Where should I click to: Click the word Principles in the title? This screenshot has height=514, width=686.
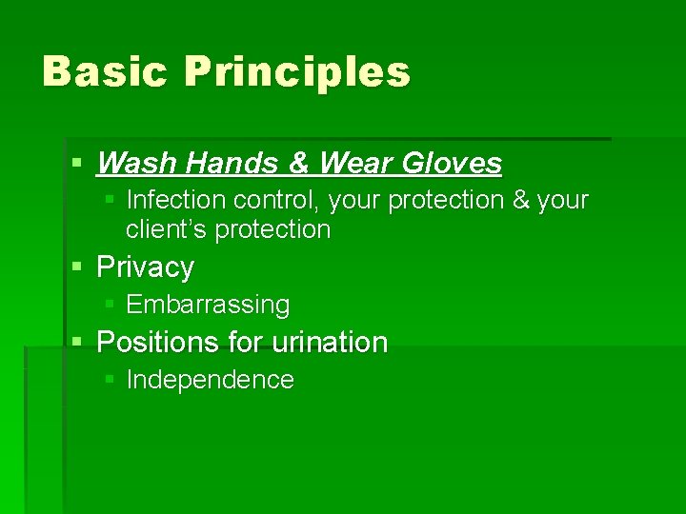[x=297, y=72]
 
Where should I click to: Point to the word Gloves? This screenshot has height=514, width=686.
[x=451, y=164]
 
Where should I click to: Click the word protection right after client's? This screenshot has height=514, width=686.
[x=272, y=229]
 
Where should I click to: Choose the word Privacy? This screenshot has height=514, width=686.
[x=145, y=267]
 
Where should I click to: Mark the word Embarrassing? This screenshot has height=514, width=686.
[x=208, y=305]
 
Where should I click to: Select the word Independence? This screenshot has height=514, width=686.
[x=210, y=380]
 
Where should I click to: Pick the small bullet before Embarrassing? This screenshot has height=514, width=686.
[x=110, y=305]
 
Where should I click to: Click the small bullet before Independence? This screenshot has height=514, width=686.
[x=110, y=380]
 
